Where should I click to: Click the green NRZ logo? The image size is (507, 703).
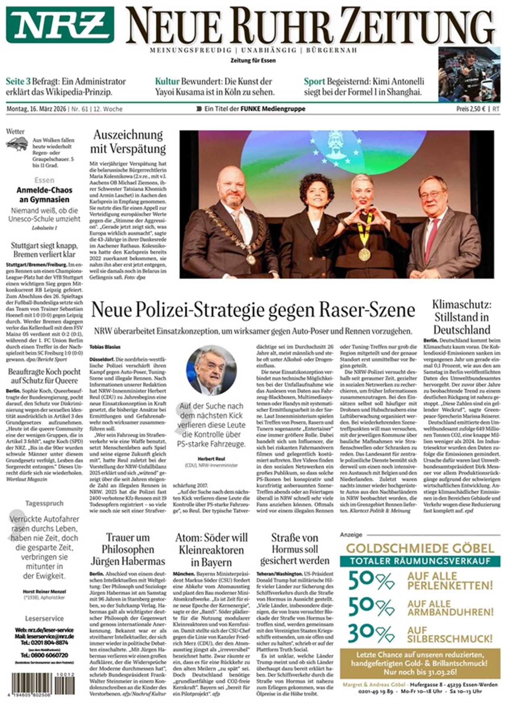click(60, 24)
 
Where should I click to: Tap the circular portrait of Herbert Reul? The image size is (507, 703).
click(211, 370)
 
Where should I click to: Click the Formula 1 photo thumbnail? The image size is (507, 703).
click(469, 74)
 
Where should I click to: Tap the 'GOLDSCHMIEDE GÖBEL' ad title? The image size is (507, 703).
click(420, 548)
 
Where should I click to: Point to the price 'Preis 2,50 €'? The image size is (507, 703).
click(471, 109)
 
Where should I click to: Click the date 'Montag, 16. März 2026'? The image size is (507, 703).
click(36, 109)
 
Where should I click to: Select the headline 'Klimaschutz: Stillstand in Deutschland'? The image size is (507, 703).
click(462, 317)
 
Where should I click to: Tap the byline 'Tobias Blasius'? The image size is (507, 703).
click(105, 347)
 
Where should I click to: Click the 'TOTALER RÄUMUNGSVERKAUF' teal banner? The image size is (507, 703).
click(420, 561)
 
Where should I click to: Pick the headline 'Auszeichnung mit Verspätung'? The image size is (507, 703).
click(128, 142)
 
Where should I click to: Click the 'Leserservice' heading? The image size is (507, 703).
click(44, 618)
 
